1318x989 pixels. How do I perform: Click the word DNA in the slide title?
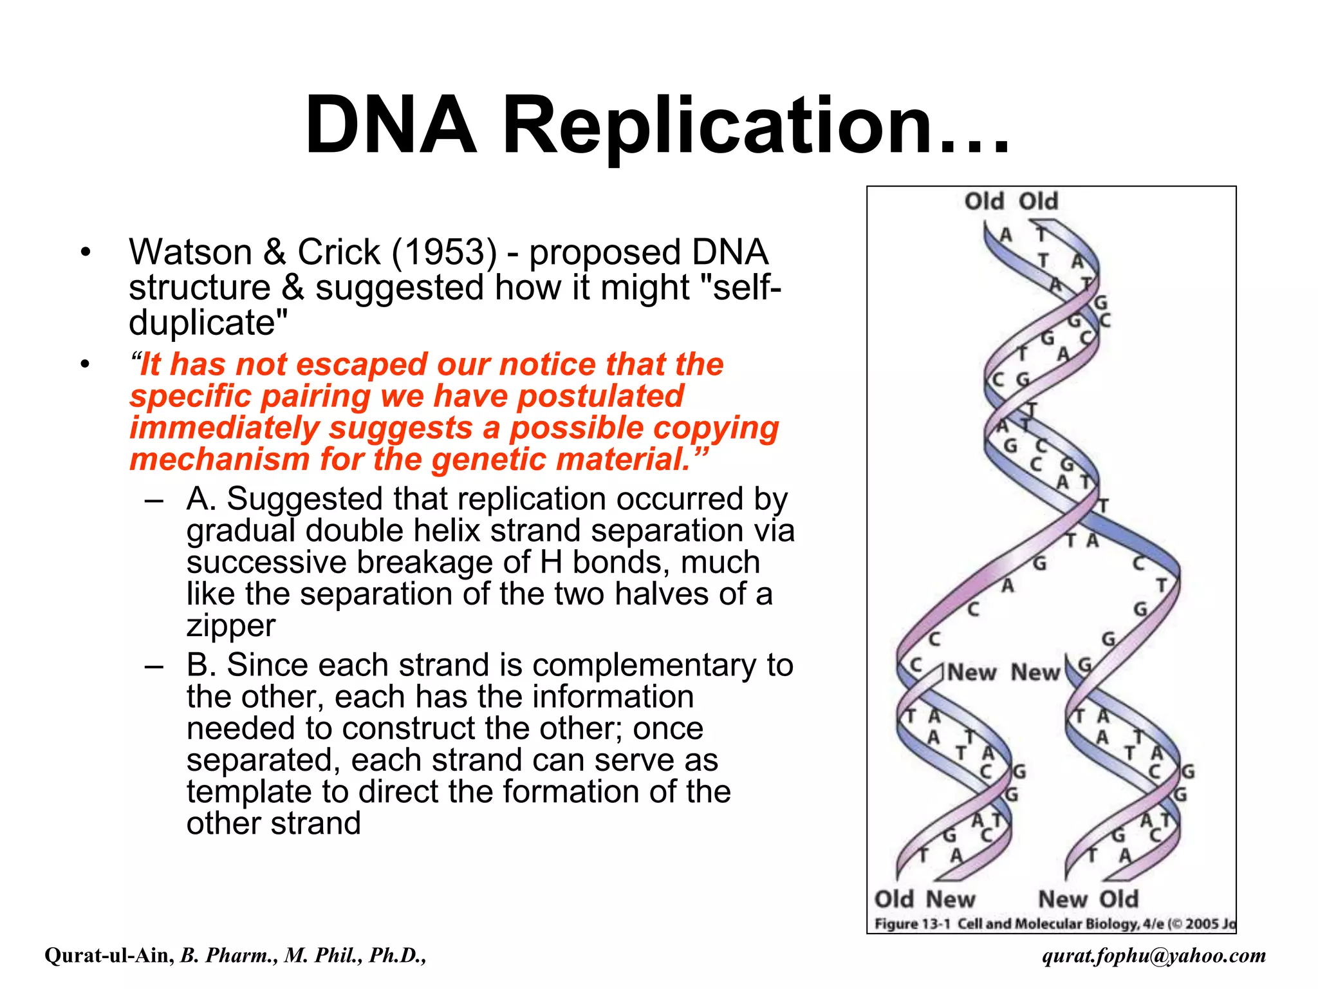[x=391, y=126]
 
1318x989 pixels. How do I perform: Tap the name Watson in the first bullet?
[x=190, y=252]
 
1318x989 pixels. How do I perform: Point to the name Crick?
[x=339, y=252]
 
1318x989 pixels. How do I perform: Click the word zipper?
[x=230, y=625]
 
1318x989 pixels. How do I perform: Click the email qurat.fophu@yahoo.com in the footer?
[x=1154, y=956]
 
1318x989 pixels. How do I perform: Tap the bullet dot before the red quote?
[x=85, y=365]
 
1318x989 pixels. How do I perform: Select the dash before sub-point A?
[x=154, y=500]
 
